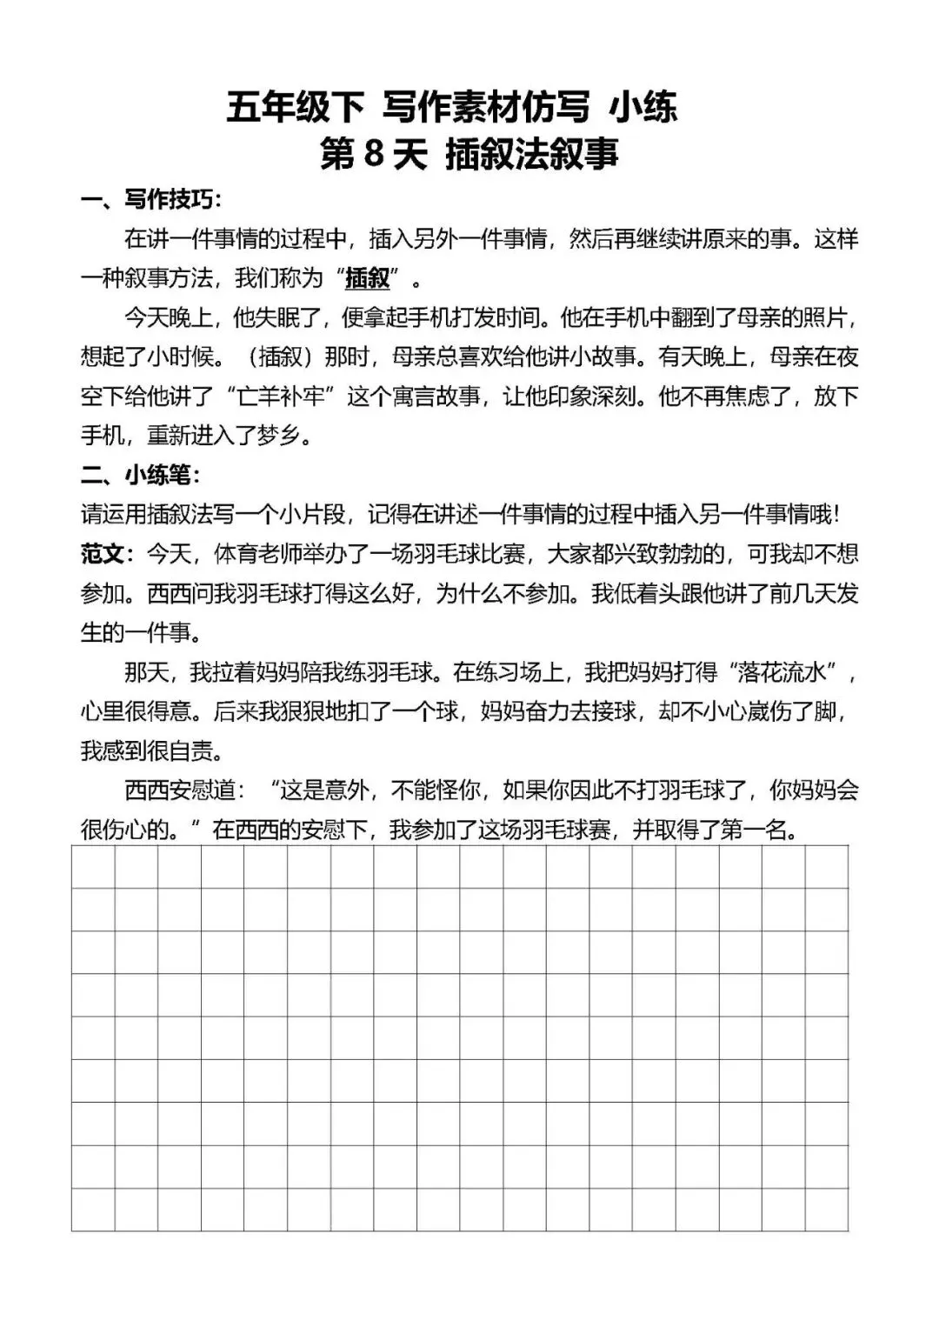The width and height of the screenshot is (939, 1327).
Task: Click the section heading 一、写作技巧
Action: click(151, 199)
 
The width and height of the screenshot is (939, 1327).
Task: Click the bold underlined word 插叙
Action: click(367, 278)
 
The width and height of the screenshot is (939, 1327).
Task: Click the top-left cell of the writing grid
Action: click(93, 866)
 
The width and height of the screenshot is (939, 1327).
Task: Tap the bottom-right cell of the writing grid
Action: click(826, 1209)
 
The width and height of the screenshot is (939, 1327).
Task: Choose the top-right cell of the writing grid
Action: click(826, 866)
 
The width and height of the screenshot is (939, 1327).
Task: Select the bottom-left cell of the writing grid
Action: click(93, 1209)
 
